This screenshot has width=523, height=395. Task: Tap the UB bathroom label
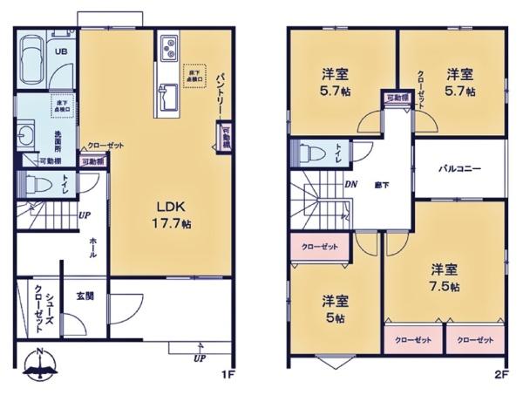62,51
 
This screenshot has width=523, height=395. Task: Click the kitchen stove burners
169,45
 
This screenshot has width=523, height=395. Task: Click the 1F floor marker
228,376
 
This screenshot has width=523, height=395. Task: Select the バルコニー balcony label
459,168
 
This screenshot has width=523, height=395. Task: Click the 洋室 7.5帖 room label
445,277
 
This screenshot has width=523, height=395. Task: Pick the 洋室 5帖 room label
336,310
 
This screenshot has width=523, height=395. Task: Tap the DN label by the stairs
350,184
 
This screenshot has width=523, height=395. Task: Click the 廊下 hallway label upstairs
382,185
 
